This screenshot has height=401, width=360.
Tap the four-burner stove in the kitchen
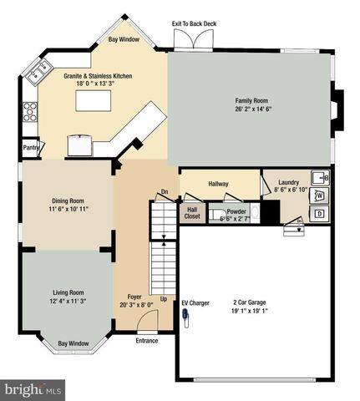[30, 111]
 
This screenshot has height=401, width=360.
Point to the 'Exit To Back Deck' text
[193, 24]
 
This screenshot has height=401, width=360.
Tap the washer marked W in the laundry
[320, 195]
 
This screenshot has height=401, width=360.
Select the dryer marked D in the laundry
[320, 214]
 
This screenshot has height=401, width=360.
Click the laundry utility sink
[318, 177]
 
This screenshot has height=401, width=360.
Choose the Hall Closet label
[192, 213]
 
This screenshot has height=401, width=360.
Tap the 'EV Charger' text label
[195, 302]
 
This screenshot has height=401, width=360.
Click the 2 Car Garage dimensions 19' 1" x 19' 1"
[255, 310]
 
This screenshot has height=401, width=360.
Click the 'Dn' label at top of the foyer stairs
[165, 191]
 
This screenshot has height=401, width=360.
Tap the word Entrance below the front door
[147, 341]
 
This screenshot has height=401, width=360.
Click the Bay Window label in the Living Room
[74, 343]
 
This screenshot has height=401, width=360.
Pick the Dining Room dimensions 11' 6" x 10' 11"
[70, 209]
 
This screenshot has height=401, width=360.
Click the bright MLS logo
[33, 389]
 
